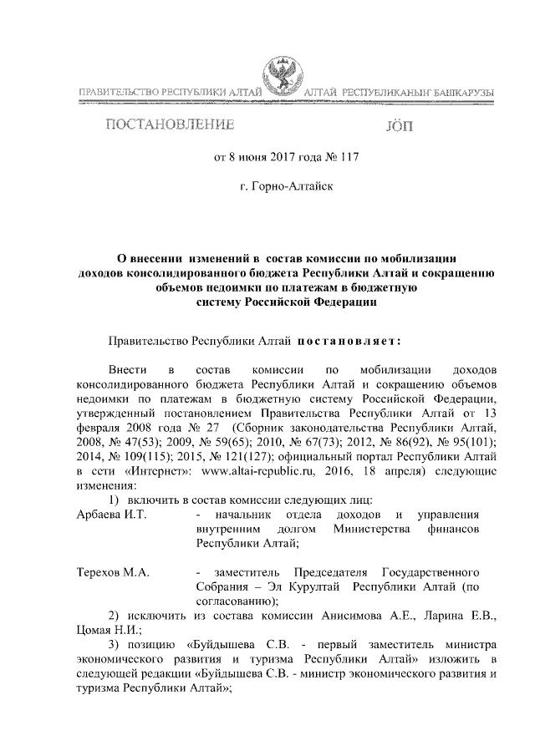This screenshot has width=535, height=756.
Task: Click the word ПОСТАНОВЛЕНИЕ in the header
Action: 166,126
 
